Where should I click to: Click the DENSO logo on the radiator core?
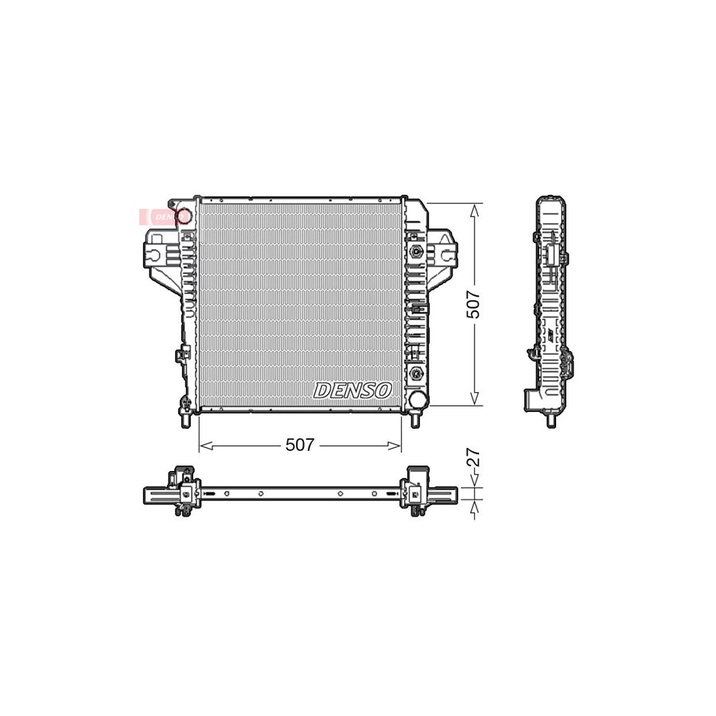click(352, 390)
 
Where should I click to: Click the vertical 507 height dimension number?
click(474, 303)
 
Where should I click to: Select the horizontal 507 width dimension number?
click(300, 446)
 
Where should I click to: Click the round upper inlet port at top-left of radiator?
click(183, 215)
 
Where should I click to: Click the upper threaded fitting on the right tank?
click(416, 251)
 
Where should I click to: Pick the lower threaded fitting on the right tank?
click(416, 372)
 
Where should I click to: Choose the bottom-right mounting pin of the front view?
click(414, 418)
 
